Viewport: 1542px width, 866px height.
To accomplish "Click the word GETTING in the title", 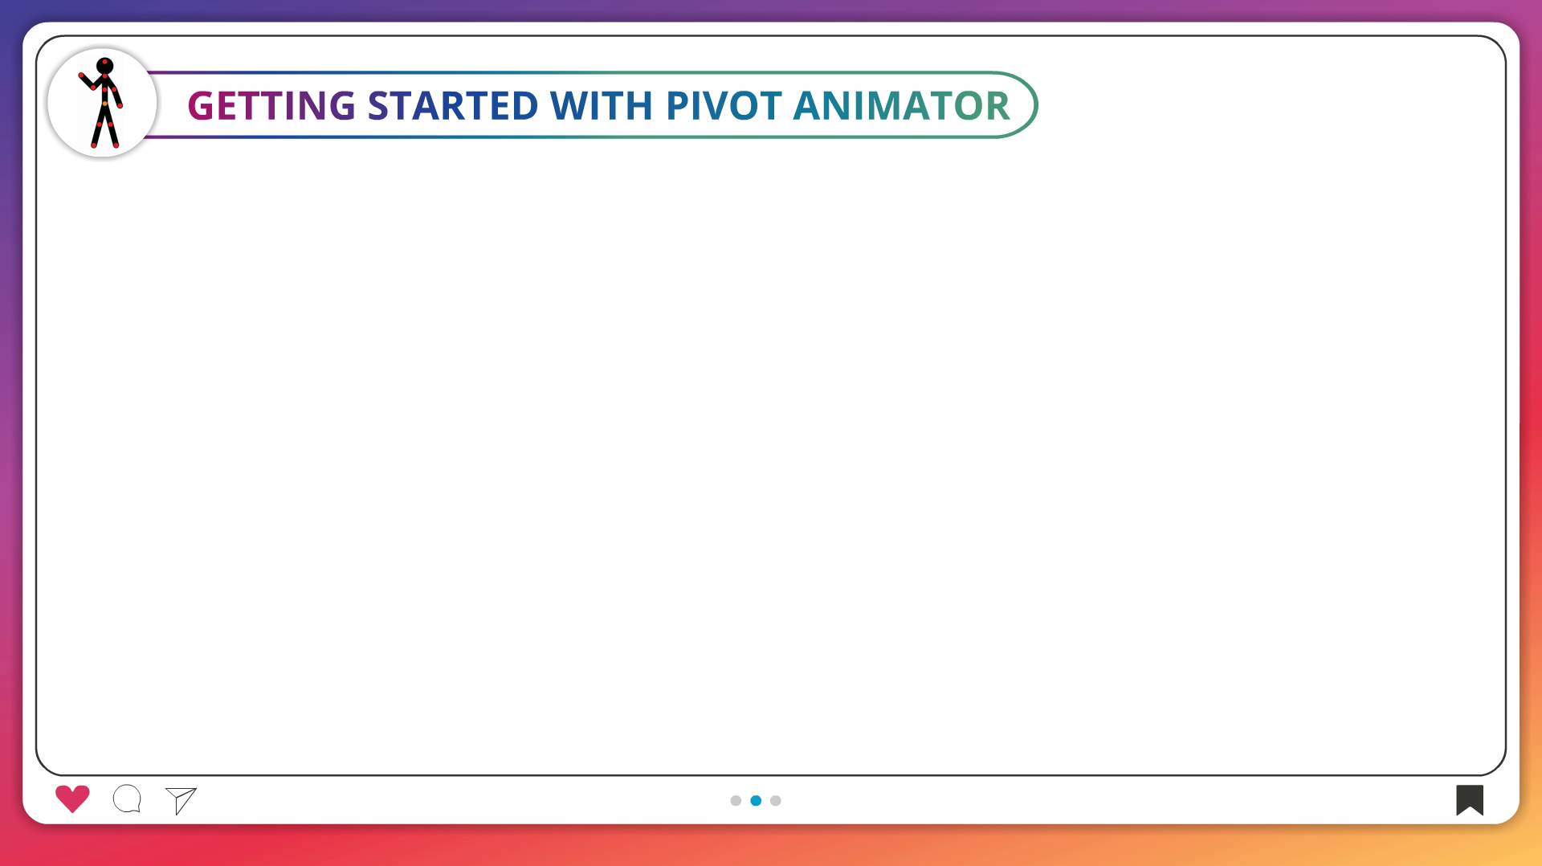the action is pyautogui.click(x=271, y=105).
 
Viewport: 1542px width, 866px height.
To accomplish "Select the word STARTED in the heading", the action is pyautogui.click(x=453, y=105).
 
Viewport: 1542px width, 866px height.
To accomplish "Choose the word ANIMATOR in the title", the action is pyautogui.click(x=901, y=105).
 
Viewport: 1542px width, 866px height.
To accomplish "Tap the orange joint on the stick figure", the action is pyautogui.click(x=105, y=104).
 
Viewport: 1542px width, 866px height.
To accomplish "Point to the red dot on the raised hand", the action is pyautogui.click(x=81, y=76).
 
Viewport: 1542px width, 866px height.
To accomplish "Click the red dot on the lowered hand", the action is pyautogui.click(x=120, y=105).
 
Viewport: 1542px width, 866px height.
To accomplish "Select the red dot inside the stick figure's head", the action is pyautogui.click(x=105, y=62).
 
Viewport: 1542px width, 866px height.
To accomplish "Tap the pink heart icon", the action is pyautogui.click(x=72, y=799).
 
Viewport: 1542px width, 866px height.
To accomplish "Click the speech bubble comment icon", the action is pyautogui.click(x=127, y=799).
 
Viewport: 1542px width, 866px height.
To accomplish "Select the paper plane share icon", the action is pyautogui.click(x=182, y=800).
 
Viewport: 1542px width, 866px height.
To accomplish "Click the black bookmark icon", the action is pyautogui.click(x=1470, y=800).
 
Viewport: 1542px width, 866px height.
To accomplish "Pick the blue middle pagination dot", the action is pyautogui.click(x=756, y=800).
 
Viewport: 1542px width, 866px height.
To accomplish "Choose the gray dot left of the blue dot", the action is pyautogui.click(x=736, y=800).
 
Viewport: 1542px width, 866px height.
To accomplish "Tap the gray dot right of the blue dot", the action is pyautogui.click(x=776, y=800).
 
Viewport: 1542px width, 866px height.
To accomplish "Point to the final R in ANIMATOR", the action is pyautogui.click(x=997, y=105).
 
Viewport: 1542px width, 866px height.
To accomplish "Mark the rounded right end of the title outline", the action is pyautogui.click(x=1036, y=104).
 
